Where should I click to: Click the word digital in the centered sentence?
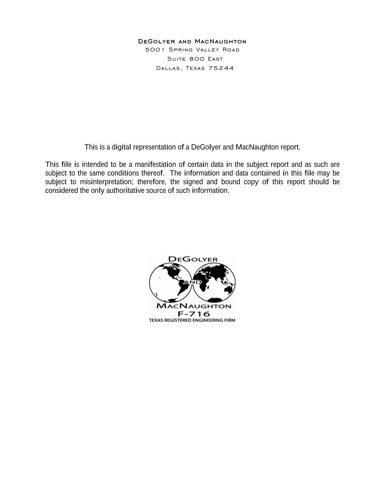coord(121,147)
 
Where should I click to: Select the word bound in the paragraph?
coord(231,182)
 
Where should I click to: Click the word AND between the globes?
coord(192,282)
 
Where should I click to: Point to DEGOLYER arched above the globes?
coord(193,259)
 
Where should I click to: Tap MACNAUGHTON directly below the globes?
coord(193,306)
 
